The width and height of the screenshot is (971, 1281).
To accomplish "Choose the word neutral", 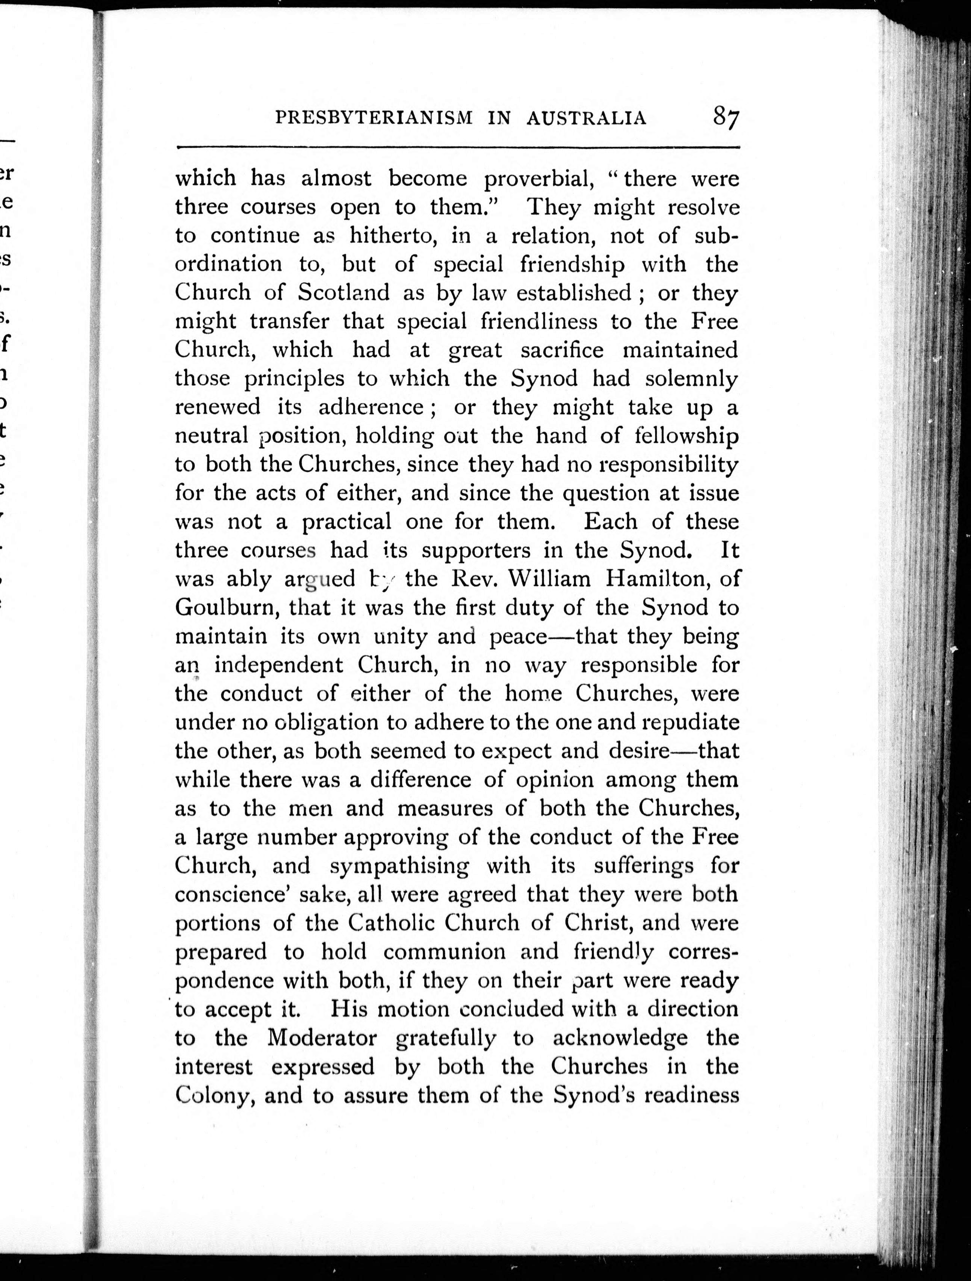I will [x=211, y=436].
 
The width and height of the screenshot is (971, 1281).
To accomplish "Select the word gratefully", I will [x=445, y=1038].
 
